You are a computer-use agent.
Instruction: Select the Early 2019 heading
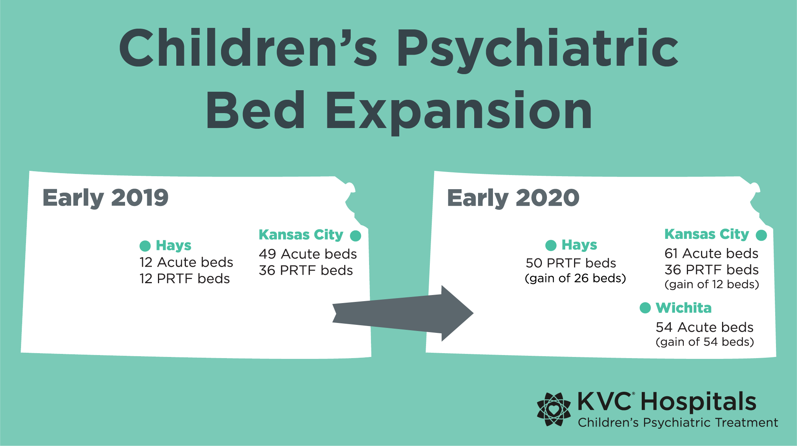tap(105, 198)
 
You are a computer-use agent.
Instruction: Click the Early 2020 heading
tap(513, 198)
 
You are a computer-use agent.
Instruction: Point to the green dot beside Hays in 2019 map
tap(145, 246)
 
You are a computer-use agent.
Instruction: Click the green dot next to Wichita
tap(645, 308)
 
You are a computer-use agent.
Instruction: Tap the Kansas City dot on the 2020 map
tap(761, 235)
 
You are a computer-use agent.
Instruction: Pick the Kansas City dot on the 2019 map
tap(356, 236)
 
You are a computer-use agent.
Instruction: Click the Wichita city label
tap(684, 308)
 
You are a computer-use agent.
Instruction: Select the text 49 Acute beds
tap(308, 254)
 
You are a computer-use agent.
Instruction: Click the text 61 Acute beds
tap(711, 253)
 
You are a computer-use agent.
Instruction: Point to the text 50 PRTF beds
tap(571, 263)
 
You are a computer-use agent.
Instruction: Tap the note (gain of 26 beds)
tap(576, 278)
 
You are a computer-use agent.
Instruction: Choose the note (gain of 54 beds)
tap(705, 342)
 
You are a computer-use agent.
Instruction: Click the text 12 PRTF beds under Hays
tap(185, 279)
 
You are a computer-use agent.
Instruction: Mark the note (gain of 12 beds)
tap(712, 284)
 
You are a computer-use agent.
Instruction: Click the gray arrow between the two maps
tap(403, 313)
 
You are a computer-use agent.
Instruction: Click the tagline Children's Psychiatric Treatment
tap(678, 423)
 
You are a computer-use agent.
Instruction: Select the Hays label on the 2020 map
tap(579, 245)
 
